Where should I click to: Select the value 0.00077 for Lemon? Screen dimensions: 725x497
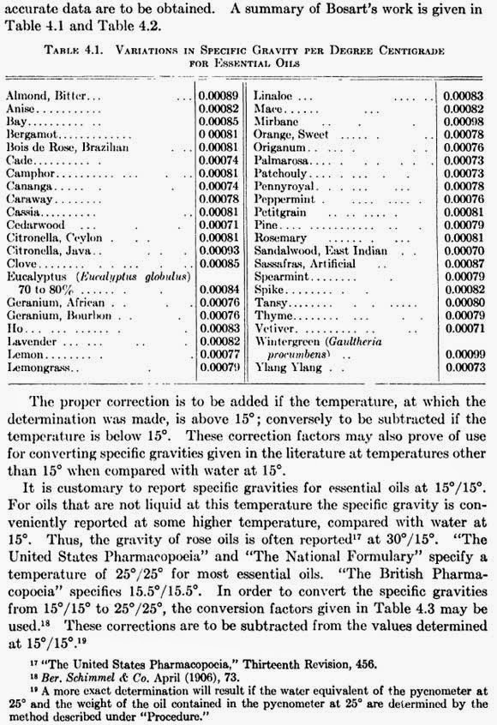click(x=218, y=352)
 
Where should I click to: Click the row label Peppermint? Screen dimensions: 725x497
click(x=285, y=198)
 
